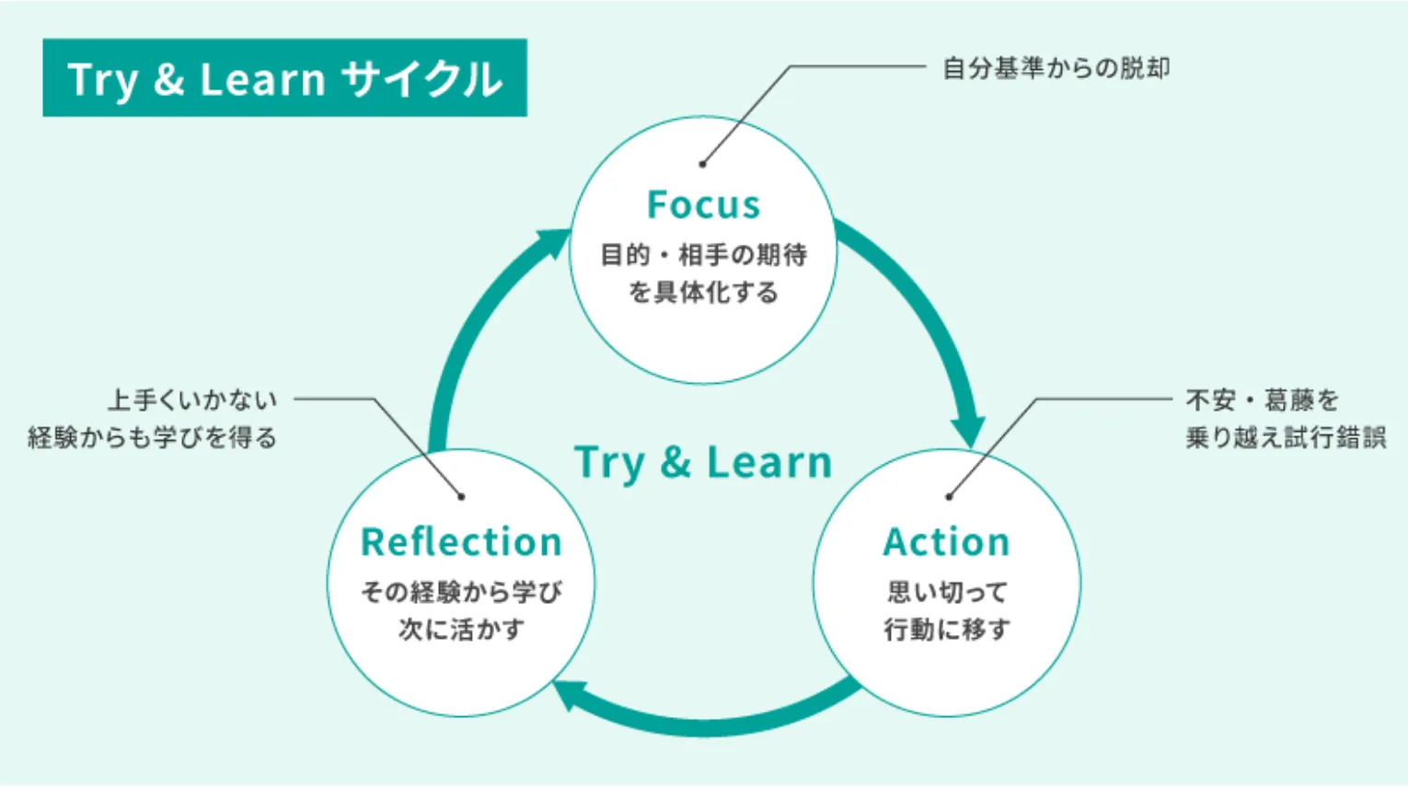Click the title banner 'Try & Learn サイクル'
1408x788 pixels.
tap(284, 78)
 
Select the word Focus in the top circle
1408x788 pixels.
tap(704, 204)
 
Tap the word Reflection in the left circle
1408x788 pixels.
tap(461, 541)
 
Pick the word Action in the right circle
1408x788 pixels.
tap(947, 541)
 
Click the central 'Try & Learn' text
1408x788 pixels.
tap(703, 462)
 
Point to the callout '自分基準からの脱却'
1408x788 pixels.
tap(1056, 68)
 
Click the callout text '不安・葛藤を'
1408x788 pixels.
tap(1263, 400)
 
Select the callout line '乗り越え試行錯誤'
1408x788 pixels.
tap(1286, 437)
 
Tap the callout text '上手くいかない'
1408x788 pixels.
tap(192, 400)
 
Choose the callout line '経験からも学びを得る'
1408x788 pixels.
tap(153, 437)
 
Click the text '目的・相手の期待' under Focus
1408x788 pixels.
tap(704, 254)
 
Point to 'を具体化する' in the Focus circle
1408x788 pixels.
tap(704, 292)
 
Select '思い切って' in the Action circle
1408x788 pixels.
tap(947, 592)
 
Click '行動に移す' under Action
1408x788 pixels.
tap(947, 630)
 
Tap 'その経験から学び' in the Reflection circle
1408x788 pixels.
tap(461, 592)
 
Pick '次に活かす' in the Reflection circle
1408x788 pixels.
tap(461, 630)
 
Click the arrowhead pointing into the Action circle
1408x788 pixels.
tap(967, 429)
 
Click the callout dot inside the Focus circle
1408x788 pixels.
tap(702, 164)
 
